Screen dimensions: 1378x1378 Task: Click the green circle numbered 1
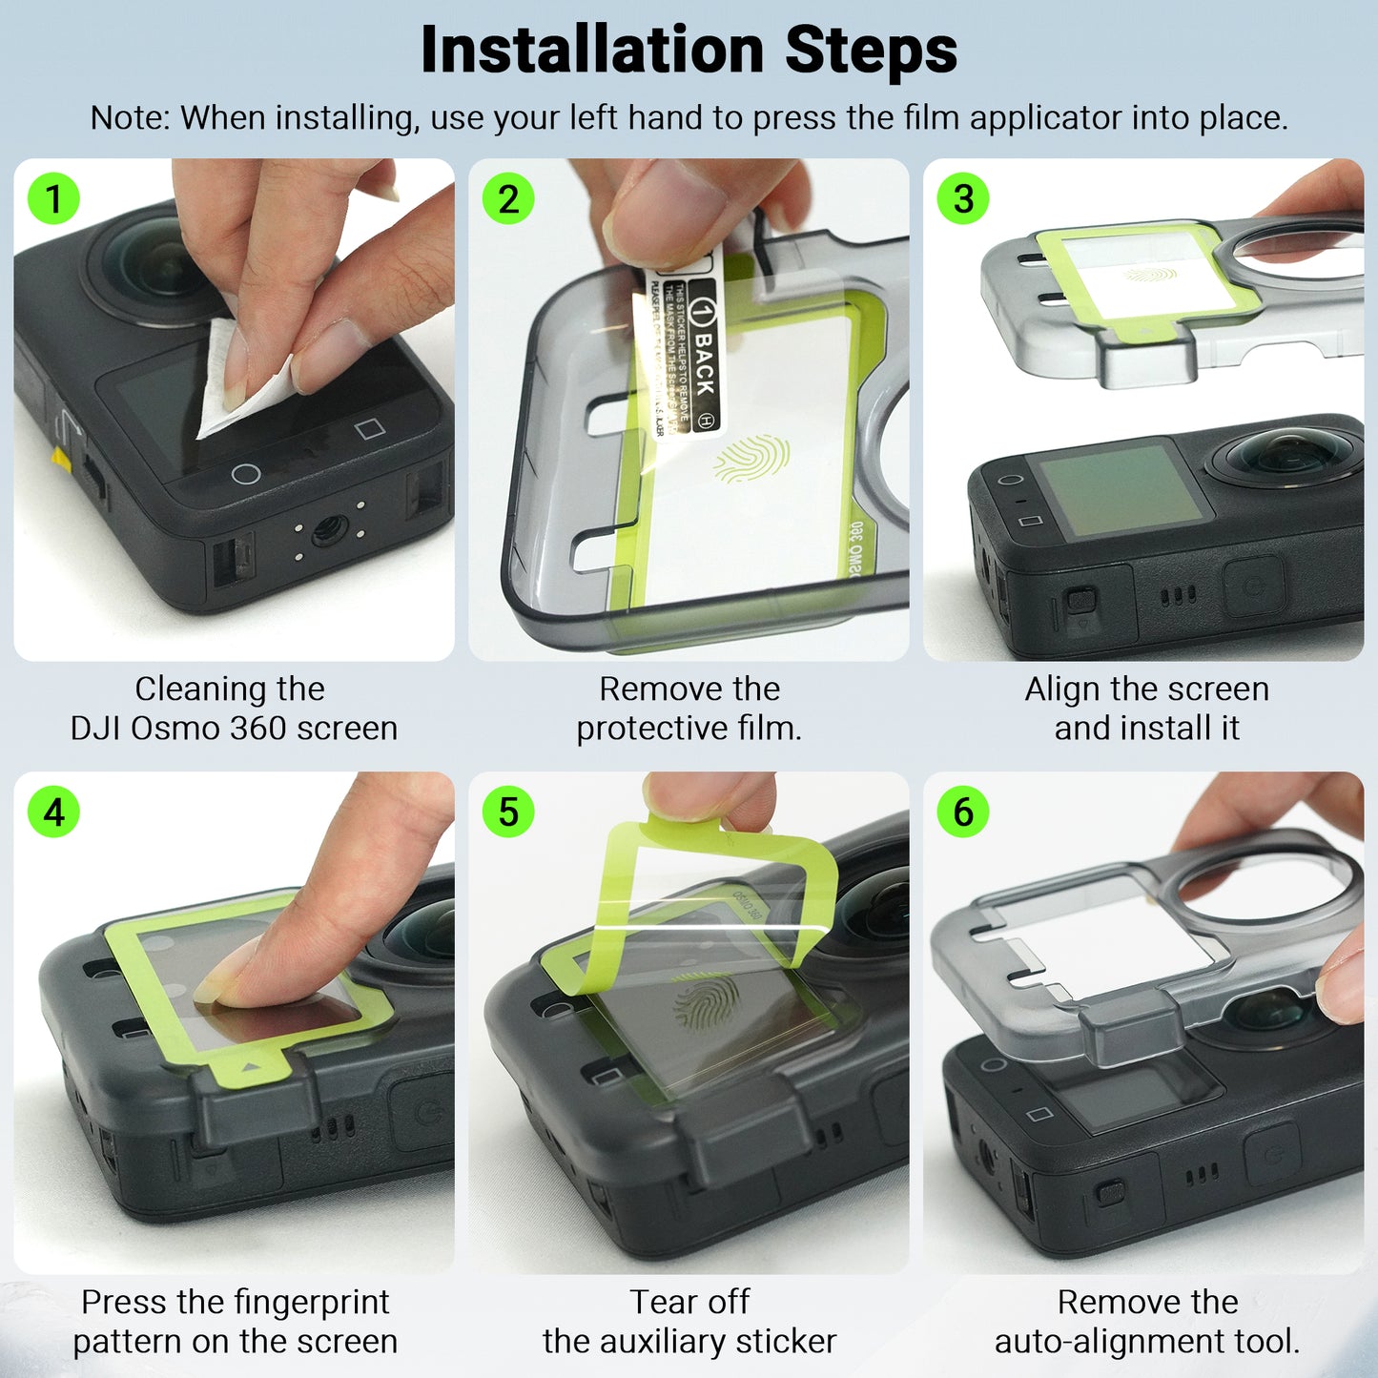(53, 199)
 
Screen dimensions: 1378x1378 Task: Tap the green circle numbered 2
(508, 199)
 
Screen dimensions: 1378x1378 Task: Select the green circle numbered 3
(963, 199)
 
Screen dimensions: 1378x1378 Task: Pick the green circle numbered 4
(53, 812)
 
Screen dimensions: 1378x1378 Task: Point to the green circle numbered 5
(508, 812)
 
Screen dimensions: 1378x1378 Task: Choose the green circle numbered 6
(963, 812)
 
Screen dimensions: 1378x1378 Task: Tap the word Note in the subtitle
(128, 118)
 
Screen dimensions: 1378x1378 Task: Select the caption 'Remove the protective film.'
(689, 709)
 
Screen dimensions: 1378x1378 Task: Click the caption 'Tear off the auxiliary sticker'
(689, 1322)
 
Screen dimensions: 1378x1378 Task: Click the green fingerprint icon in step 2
(752, 459)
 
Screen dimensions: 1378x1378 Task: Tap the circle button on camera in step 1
(246, 474)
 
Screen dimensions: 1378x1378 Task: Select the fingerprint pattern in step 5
(707, 1001)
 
